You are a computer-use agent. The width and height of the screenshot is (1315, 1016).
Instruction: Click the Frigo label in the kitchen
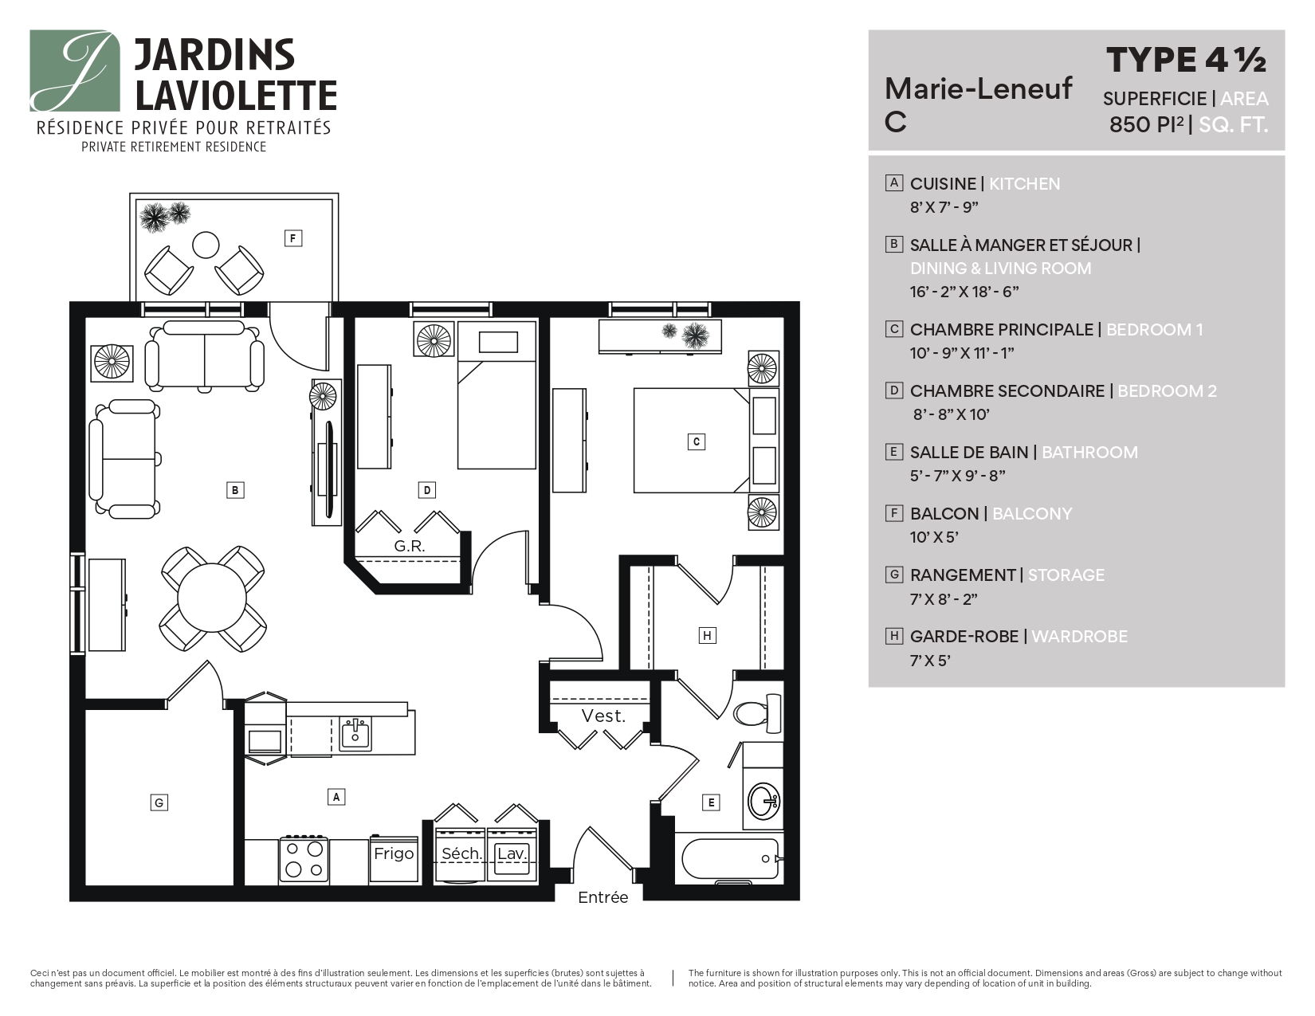pyautogui.click(x=394, y=853)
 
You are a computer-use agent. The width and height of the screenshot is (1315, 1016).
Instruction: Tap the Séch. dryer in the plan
pyautogui.click(x=461, y=853)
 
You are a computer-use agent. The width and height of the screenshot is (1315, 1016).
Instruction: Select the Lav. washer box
pyautogui.click(x=512, y=853)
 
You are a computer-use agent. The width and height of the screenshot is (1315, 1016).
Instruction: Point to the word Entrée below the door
pyautogui.click(x=603, y=897)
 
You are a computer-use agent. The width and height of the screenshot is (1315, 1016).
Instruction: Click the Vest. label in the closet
pyautogui.click(x=603, y=716)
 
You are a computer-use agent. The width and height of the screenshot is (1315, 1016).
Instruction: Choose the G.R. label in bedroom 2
pyautogui.click(x=410, y=547)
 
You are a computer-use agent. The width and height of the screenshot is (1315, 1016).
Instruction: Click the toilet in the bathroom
pyautogui.click(x=758, y=713)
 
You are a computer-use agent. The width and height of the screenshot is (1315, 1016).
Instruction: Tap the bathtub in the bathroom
pyautogui.click(x=730, y=859)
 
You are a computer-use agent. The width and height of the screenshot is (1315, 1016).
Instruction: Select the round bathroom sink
pyautogui.click(x=763, y=801)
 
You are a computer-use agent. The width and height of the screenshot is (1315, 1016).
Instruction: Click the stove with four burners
pyautogui.click(x=304, y=860)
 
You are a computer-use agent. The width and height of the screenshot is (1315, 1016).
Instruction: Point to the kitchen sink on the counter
pyautogui.click(x=355, y=733)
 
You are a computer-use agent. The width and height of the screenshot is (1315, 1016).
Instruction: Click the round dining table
pyautogui.click(x=213, y=598)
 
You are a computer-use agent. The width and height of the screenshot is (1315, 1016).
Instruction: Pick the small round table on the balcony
pyautogui.click(x=206, y=245)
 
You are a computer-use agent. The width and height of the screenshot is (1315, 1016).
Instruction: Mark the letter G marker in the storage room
pyautogui.click(x=159, y=802)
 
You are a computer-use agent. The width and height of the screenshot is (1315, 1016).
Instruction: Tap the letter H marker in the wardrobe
pyautogui.click(x=707, y=635)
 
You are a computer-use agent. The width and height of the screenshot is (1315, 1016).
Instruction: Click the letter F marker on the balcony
pyautogui.click(x=293, y=238)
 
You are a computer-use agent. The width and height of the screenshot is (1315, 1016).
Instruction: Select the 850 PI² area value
pyautogui.click(x=1147, y=124)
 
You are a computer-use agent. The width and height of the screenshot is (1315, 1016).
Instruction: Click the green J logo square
pyautogui.click(x=74, y=71)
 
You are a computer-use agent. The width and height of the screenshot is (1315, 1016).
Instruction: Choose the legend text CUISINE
pyautogui.click(x=943, y=183)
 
